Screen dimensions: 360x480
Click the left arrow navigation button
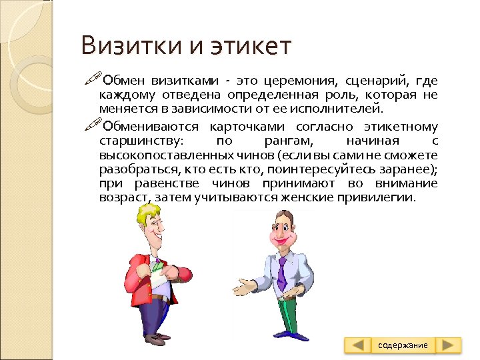pos(359,345)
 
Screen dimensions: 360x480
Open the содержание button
pos(403,345)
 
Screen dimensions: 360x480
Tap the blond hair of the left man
pos(149,215)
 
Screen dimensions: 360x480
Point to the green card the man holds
pos(157,267)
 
